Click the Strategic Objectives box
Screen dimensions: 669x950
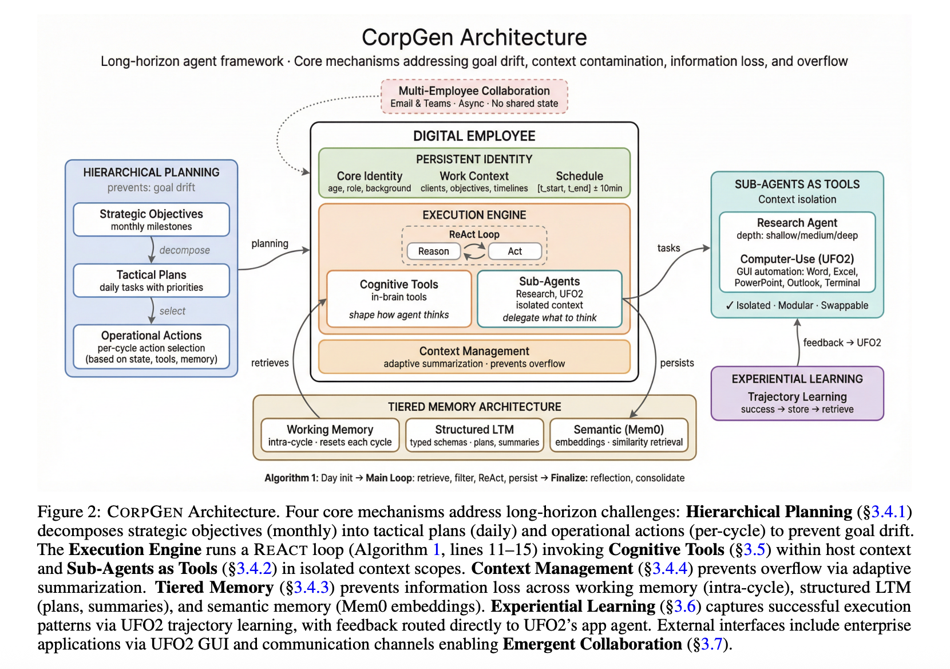pyautogui.click(x=151, y=219)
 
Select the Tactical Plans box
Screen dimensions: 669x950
pyautogui.click(x=151, y=280)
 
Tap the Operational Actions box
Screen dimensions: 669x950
pyautogui.click(x=151, y=347)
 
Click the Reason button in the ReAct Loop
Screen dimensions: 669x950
pyautogui.click(x=433, y=251)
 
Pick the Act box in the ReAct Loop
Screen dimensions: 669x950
pyautogui.click(x=514, y=251)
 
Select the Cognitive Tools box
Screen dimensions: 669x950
pyautogui.click(x=399, y=298)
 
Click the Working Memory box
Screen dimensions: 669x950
pyautogui.click(x=330, y=435)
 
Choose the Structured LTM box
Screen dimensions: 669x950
pyautogui.click(x=474, y=435)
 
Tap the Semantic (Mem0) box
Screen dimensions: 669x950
pyautogui.click(x=619, y=435)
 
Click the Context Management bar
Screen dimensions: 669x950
pyautogui.click(x=474, y=356)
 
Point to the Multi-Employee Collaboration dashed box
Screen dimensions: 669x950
pyautogui.click(x=474, y=96)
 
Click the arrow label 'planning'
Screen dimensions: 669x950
pyautogui.click(x=270, y=243)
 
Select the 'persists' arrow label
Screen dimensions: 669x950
pyautogui.click(x=676, y=363)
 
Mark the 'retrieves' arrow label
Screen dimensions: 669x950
pyautogui.click(x=270, y=363)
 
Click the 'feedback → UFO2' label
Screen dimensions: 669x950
pyautogui.click(x=842, y=343)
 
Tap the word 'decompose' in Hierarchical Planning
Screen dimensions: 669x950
pyautogui.click(x=184, y=250)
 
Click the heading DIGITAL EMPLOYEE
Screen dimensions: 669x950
pyautogui.click(x=474, y=136)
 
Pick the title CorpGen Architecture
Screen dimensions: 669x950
pyautogui.click(x=474, y=37)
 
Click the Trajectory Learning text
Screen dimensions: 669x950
pyautogui.click(x=797, y=396)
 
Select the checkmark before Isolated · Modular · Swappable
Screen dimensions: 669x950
pyautogui.click(x=729, y=305)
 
